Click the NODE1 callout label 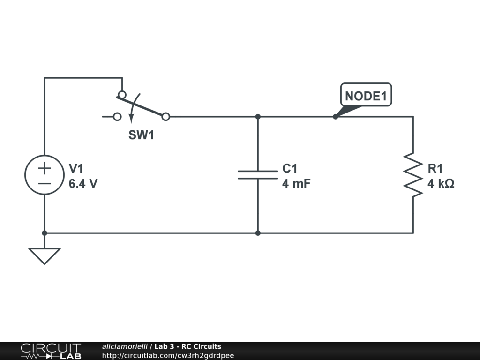coord(366,96)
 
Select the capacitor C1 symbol coord(258,174)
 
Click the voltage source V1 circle coord(45,174)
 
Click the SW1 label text coord(141,136)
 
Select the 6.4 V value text coord(83,184)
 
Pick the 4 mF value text coord(296,184)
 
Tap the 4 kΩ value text coord(441,184)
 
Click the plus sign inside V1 coord(45,167)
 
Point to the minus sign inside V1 coord(45,183)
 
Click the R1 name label coord(435,169)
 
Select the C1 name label coord(290,169)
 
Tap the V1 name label coord(76,169)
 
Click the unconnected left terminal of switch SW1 coord(117,117)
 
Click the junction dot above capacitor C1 coord(258,117)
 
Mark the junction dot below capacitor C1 coord(258,232)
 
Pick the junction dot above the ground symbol coord(45,232)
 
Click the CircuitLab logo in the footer coord(50,351)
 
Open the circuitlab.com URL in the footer coord(168,356)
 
